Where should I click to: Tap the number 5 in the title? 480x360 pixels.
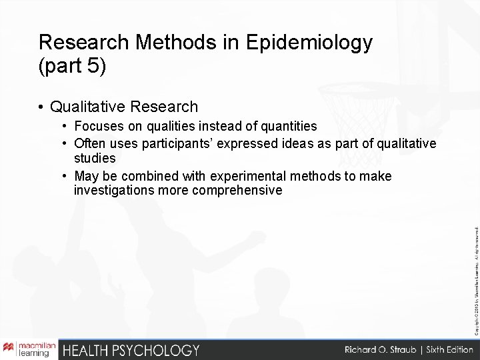[93, 67]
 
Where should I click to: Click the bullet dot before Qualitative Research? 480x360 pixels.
[42, 107]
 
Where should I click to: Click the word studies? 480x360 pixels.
[95, 159]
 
